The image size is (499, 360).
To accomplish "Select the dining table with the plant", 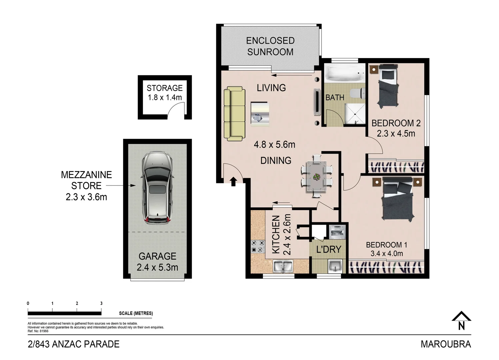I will point(317,176).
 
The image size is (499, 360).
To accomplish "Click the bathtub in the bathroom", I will point(345,73).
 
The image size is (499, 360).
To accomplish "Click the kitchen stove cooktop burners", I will point(258,246).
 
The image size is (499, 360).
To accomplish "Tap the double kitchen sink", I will point(283,267).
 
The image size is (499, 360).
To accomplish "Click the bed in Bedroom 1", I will point(398,202).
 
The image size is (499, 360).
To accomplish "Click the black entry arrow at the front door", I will point(233,181).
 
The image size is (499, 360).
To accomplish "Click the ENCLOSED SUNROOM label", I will point(270,46).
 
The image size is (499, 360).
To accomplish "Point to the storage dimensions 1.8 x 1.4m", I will point(165,98).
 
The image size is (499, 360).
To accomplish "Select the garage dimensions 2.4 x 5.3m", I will point(157,267).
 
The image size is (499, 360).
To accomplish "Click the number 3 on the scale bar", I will point(101,303).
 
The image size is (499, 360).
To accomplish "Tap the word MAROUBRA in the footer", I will point(446,344).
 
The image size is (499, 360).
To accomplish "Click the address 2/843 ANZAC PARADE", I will point(74,344).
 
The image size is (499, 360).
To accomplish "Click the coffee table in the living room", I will point(260,114).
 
